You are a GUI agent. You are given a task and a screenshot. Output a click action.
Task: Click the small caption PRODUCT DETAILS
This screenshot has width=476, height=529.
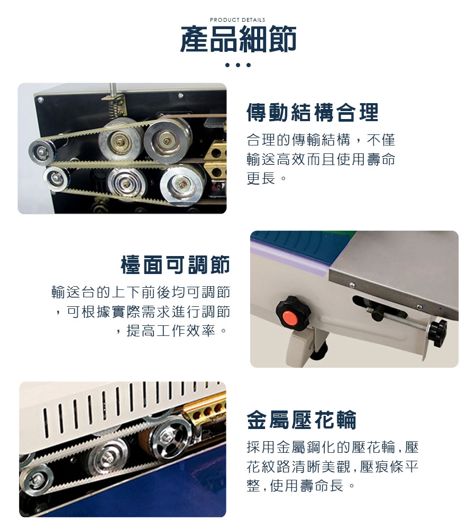[237, 20]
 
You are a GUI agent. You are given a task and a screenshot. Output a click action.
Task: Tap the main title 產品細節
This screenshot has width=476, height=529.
[238, 39]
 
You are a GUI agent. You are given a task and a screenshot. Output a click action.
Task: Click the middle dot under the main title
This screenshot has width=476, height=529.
[238, 65]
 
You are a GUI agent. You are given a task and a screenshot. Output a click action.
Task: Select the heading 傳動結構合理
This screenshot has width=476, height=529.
[313, 112]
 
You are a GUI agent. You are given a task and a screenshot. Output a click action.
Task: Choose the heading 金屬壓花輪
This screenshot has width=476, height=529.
[301, 419]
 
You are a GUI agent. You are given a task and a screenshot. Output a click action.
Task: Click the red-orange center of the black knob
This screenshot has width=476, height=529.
[289, 317]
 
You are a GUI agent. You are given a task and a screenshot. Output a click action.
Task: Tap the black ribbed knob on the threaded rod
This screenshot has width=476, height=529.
[438, 333]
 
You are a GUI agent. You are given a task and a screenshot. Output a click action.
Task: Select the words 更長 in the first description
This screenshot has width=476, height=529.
[261, 178]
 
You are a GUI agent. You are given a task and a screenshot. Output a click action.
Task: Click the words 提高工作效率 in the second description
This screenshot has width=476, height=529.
[171, 331]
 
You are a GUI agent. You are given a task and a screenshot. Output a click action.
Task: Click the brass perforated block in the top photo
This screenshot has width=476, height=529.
[215, 161]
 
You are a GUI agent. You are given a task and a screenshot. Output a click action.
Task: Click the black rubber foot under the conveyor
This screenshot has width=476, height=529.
[319, 351]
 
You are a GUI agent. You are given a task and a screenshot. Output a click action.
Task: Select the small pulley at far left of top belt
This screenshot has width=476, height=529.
[42, 152]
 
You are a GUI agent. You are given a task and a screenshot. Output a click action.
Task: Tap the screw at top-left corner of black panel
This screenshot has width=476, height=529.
[41, 100]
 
